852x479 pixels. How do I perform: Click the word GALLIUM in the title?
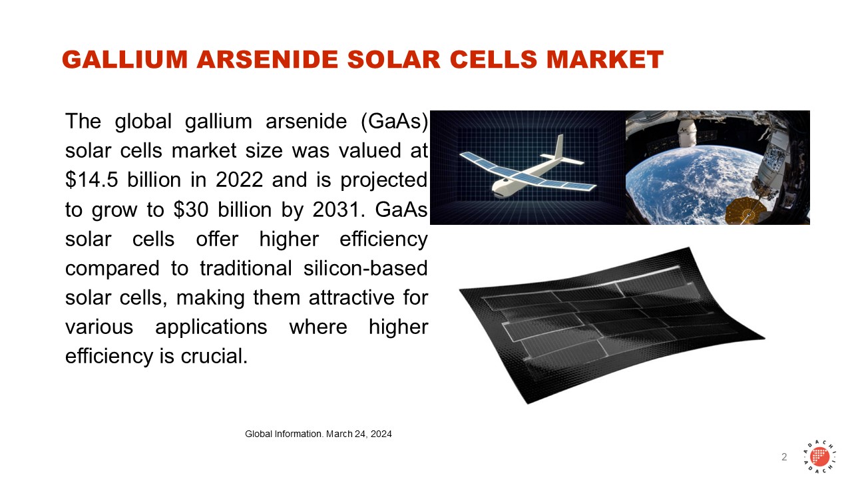(124, 60)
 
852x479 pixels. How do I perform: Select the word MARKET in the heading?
(605, 60)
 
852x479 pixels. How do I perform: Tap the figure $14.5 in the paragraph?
(92, 180)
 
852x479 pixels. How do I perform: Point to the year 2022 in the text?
(239, 180)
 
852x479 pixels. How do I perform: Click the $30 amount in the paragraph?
(191, 209)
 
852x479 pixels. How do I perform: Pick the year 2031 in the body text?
(335, 209)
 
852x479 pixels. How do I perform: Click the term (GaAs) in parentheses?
(394, 122)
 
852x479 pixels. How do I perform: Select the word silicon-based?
(365, 268)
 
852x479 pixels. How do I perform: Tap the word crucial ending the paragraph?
(214, 356)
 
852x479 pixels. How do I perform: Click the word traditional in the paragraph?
(246, 268)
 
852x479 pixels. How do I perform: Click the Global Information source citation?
(318, 434)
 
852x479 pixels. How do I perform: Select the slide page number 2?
(784, 456)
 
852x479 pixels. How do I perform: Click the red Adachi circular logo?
(819, 456)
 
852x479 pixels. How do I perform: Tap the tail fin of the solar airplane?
(558, 146)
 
